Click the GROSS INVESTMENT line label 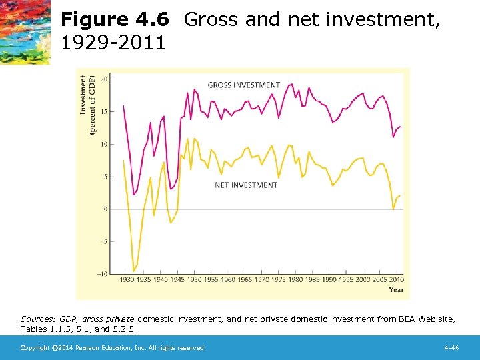[244, 85]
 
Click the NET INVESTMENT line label [245, 185]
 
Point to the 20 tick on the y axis [103, 79]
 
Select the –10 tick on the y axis [102, 274]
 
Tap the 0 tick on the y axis [105, 209]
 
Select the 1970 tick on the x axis [261, 280]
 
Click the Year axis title [396, 289]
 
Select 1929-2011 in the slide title [113, 44]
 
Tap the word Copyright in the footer [35, 348]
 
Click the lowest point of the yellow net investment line [134, 271]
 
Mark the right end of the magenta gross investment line [400, 126]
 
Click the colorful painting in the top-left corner [25, 31]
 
